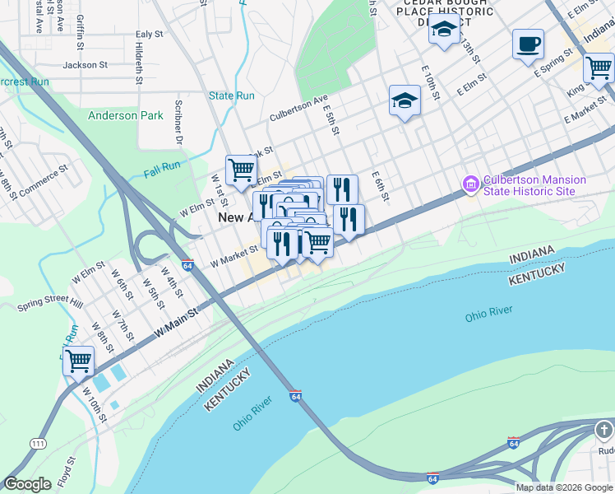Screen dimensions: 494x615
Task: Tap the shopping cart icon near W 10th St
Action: click(x=78, y=360)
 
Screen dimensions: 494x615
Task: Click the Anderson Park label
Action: click(x=126, y=116)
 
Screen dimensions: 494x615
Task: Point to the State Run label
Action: click(x=232, y=96)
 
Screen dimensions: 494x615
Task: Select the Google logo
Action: click(x=27, y=484)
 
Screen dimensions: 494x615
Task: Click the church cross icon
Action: click(x=603, y=431)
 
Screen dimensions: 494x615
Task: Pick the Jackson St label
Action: click(x=86, y=64)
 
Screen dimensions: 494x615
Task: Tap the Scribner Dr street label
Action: click(x=178, y=121)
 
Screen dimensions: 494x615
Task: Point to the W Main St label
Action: click(x=177, y=322)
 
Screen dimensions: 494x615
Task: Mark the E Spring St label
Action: click(x=552, y=68)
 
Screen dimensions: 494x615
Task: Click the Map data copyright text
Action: click(x=565, y=487)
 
